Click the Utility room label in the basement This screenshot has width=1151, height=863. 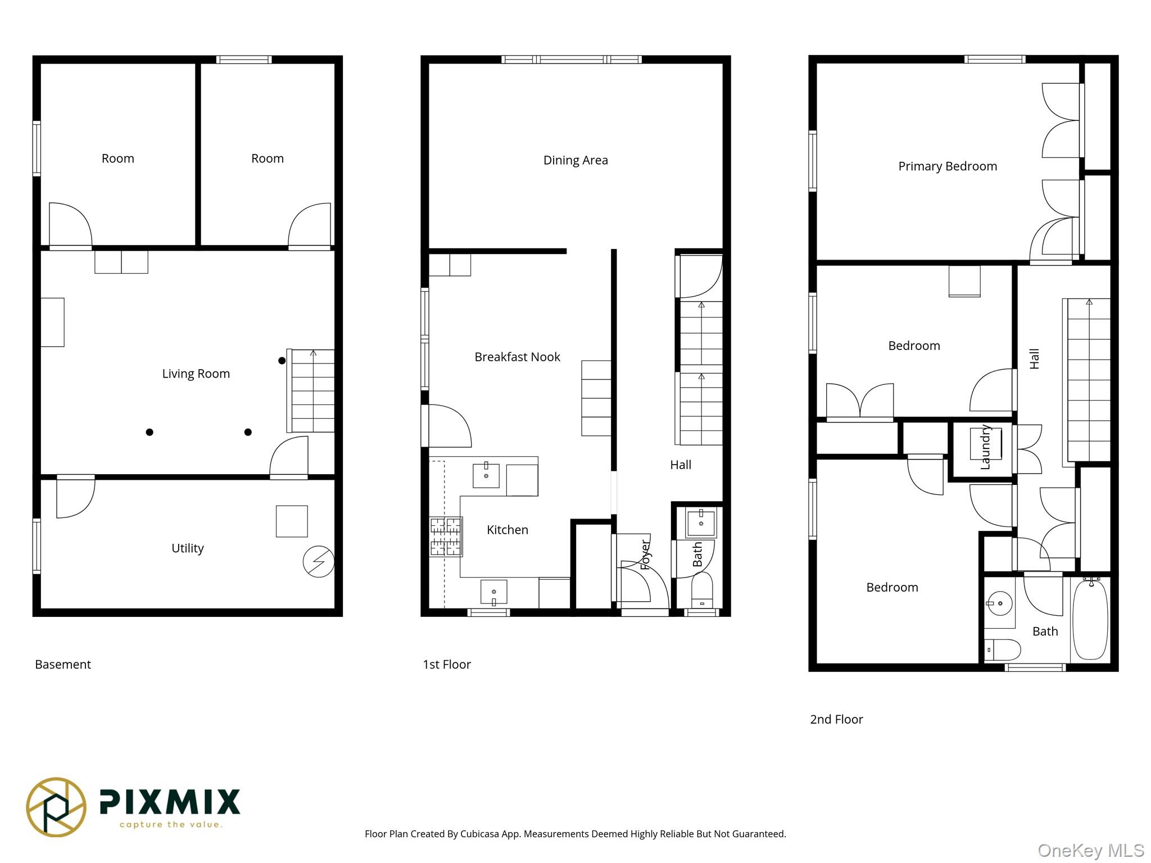187,548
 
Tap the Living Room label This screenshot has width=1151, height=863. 196,374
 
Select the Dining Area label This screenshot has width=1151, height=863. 575,160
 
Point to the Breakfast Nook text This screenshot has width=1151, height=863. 517,357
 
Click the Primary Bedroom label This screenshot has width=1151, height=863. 947,166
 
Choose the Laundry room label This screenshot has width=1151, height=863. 985,447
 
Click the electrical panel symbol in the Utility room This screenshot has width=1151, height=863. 318,561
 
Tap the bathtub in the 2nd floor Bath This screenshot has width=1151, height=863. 1090,619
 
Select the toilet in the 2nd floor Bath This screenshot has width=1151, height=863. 1003,649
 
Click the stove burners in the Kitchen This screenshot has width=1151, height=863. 446,537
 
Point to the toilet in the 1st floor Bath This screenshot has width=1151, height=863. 701,590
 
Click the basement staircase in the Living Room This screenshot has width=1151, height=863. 312,390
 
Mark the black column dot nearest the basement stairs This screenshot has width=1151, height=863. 282,361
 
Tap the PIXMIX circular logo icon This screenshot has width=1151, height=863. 56,807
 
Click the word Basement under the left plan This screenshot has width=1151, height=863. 62,664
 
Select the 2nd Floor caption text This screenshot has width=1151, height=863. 836,719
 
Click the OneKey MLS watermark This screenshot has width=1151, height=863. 1090,851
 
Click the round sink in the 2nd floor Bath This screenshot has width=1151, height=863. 1000,604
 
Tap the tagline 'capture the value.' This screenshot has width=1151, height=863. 171,825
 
